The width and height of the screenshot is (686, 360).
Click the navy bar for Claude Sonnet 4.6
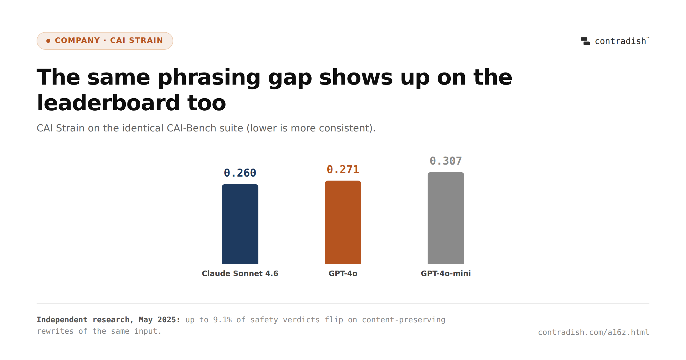pos(240,224)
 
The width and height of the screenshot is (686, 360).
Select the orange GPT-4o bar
pos(343,222)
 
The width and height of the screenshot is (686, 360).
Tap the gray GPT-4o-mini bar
pos(446,218)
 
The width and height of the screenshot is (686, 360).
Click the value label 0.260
pos(240,173)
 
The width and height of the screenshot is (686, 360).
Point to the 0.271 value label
pos(343,169)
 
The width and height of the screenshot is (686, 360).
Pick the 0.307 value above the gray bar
pos(446,161)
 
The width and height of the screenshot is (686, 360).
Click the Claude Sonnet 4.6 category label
pos(240,273)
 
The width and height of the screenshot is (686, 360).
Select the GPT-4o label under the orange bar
pos(343,273)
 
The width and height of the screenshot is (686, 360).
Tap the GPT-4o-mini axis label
pos(446,273)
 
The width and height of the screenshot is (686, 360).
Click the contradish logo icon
pos(585,41)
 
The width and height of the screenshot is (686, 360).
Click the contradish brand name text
pos(621,41)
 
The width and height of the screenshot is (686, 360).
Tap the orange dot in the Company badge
pos(48,41)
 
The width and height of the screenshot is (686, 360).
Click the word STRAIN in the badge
pos(146,40)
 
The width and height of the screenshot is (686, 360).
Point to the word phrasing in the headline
pos(209,77)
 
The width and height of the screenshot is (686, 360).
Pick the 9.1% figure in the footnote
pos(222,320)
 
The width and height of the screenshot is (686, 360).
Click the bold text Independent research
pos(83,320)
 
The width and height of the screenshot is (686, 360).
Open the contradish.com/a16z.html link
pos(594,332)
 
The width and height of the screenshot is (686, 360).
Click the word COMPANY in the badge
pos(77,40)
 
